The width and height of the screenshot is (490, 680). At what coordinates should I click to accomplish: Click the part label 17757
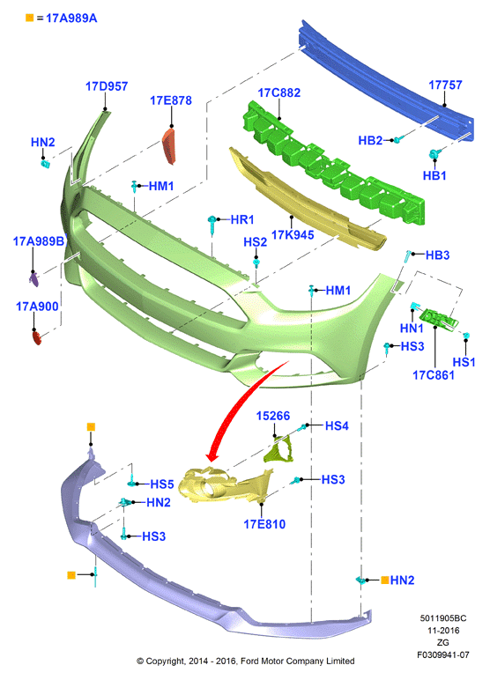[445, 85]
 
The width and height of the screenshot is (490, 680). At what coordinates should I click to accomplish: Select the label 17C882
[279, 92]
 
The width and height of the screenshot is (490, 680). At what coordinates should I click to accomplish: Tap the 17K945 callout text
[293, 235]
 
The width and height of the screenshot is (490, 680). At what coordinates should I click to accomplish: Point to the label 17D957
[107, 86]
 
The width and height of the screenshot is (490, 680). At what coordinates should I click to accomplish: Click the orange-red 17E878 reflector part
[169, 145]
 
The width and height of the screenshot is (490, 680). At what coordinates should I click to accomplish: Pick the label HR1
[242, 219]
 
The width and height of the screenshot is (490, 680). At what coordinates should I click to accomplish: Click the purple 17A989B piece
[33, 279]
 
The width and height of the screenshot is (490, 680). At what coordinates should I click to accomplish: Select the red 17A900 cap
[36, 337]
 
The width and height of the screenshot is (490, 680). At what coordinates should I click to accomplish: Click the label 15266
[273, 416]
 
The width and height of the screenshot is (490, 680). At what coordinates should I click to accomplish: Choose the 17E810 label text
[264, 524]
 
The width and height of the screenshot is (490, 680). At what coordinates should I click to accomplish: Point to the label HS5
[162, 484]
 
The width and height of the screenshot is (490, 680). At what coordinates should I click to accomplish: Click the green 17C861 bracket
[439, 319]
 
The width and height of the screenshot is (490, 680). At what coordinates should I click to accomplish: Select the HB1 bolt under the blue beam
[434, 154]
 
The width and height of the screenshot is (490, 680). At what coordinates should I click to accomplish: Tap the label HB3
[437, 255]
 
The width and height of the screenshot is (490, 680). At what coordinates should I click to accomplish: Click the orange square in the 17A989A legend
[29, 18]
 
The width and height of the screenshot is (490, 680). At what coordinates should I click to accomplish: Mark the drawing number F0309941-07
[443, 654]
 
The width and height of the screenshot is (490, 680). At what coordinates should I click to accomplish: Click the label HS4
[337, 425]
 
